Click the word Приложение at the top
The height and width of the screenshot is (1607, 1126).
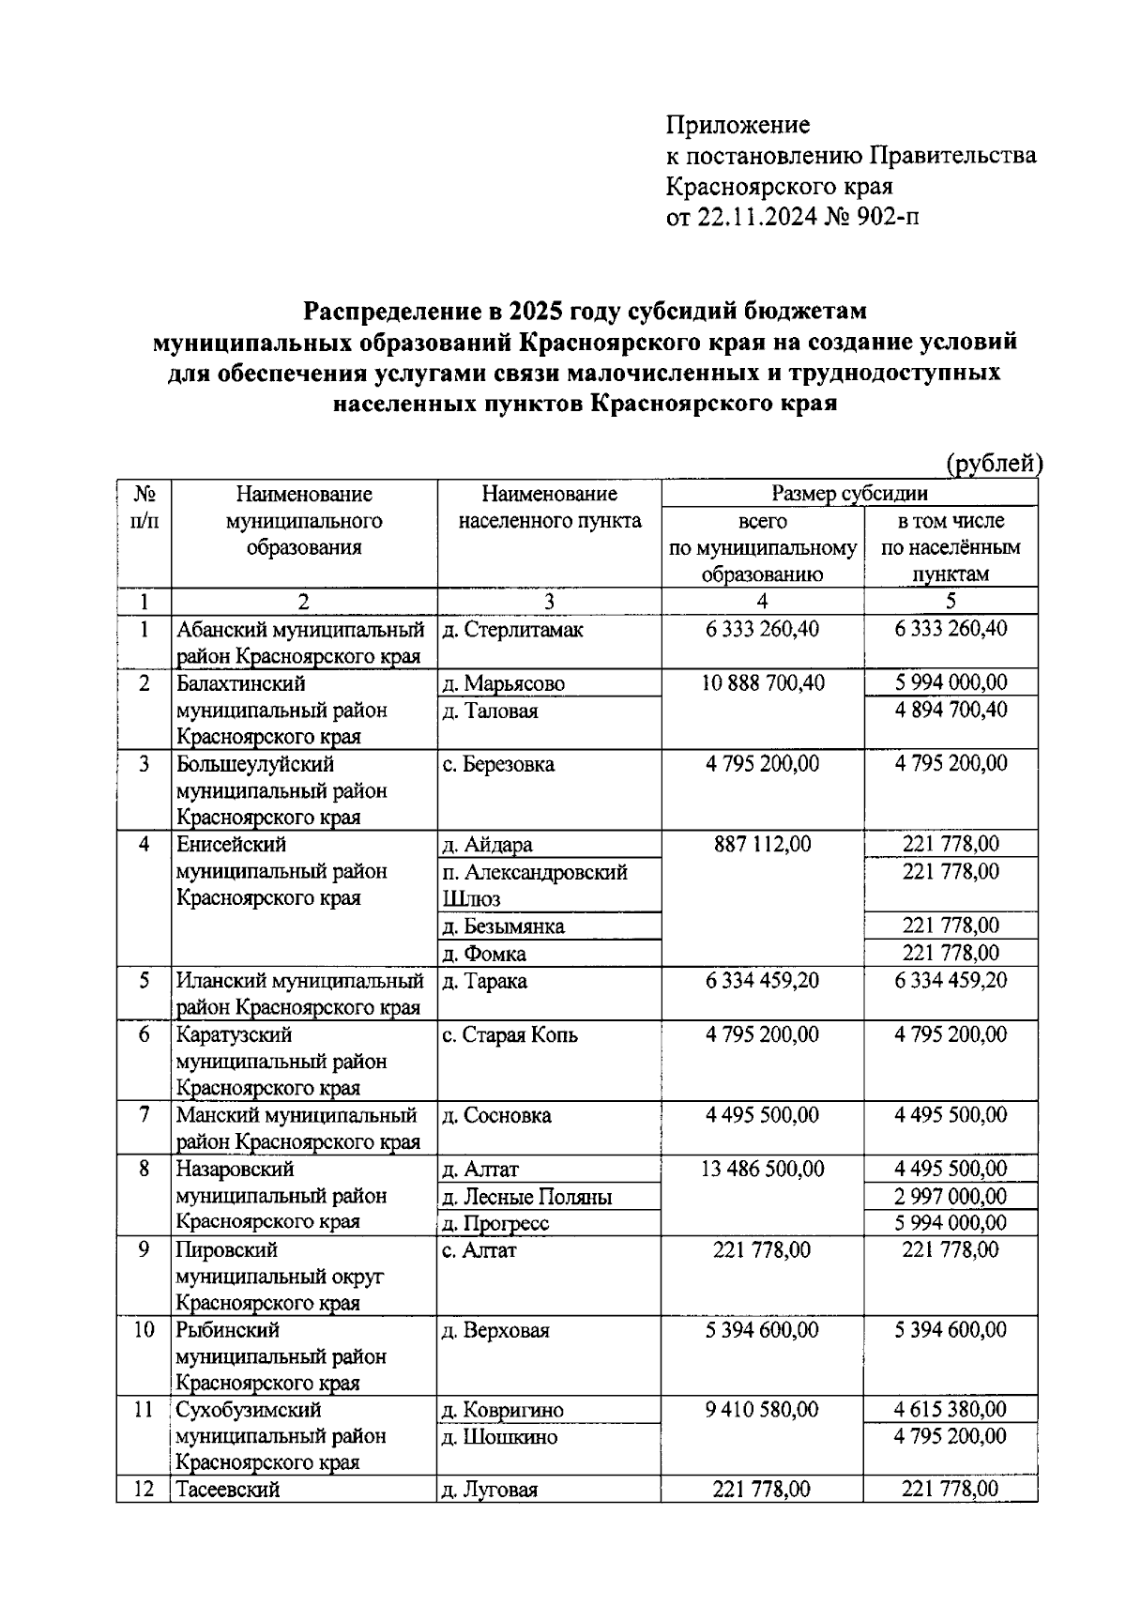coord(738,125)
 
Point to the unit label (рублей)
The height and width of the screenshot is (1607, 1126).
coord(994,463)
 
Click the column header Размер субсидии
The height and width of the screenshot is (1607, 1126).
coord(849,494)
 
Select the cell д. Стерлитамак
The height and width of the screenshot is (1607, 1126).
coord(512,630)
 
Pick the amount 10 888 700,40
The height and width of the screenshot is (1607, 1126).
coord(762,683)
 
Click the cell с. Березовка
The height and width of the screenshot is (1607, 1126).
coord(498,764)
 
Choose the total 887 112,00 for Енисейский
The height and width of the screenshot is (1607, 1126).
coord(762,845)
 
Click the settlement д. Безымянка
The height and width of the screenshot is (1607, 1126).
coord(503,926)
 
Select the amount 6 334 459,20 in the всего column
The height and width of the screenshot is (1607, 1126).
coord(762,981)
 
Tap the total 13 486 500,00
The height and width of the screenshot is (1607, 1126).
coord(762,1170)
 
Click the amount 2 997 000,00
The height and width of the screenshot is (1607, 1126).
coord(951,1196)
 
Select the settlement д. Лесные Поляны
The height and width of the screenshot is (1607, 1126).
coord(526,1197)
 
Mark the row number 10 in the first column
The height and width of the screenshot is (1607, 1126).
coord(144,1330)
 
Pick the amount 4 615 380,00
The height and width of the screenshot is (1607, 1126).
coord(951,1410)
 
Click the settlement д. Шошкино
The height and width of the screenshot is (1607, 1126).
coord(499,1437)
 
